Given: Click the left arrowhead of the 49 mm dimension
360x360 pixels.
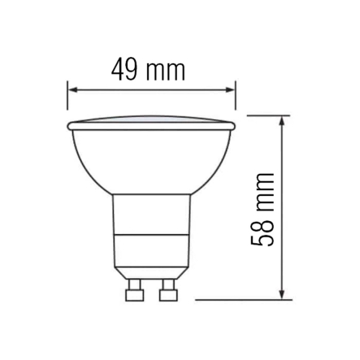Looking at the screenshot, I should click(x=71, y=90).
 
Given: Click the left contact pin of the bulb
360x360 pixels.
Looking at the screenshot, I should click(x=134, y=289).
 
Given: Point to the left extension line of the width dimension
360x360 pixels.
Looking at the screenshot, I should click(x=67, y=94).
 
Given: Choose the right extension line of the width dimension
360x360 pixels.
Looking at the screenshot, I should click(x=236, y=94).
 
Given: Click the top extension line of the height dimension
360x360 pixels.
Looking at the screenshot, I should click(x=268, y=115).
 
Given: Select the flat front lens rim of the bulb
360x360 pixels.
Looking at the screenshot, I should click(x=151, y=124).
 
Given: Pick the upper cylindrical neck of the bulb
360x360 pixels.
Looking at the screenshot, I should click(x=151, y=215).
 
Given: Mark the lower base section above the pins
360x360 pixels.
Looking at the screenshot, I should click(x=151, y=256).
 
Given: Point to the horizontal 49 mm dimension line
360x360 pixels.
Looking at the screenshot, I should click(x=151, y=90).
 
